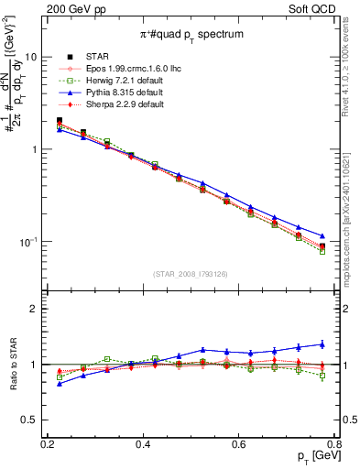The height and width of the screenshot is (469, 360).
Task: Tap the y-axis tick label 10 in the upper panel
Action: (29, 57)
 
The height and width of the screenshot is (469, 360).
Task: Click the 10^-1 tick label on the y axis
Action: (27, 242)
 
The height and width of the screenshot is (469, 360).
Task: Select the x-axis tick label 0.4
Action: (143, 443)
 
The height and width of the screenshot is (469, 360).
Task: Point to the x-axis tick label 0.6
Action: (239, 443)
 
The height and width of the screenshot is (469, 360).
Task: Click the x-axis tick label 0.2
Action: (48, 443)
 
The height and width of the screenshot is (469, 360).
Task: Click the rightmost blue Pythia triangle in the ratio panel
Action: (322, 344)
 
